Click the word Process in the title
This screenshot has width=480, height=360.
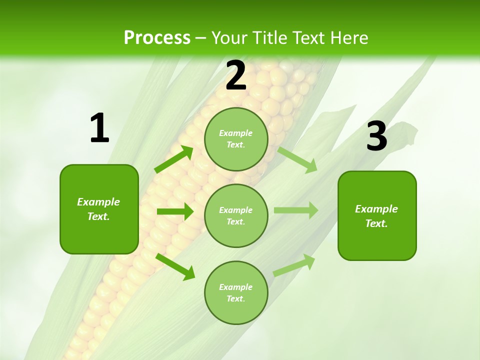(x=157, y=38)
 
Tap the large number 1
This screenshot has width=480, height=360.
(x=99, y=128)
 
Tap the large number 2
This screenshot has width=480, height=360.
(x=236, y=75)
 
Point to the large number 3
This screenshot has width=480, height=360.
(x=376, y=136)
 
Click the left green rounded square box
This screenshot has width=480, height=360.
(x=99, y=209)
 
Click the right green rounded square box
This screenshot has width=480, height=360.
(x=377, y=215)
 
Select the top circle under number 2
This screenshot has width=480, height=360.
(x=236, y=139)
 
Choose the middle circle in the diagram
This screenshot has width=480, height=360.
(x=236, y=215)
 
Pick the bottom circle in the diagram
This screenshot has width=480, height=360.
(x=236, y=292)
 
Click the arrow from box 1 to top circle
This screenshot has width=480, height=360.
(x=174, y=159)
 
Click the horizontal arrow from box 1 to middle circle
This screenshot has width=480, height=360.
(x=175, y=211)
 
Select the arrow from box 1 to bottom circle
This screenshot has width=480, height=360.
(x=175, y=266)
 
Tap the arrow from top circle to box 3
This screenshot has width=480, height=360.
(x=297, y=159)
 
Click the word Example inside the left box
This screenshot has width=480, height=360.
(x=98, y=202)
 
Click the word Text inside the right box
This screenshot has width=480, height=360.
(x=376, y=223)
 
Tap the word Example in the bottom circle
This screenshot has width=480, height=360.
(x=236, y=287)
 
